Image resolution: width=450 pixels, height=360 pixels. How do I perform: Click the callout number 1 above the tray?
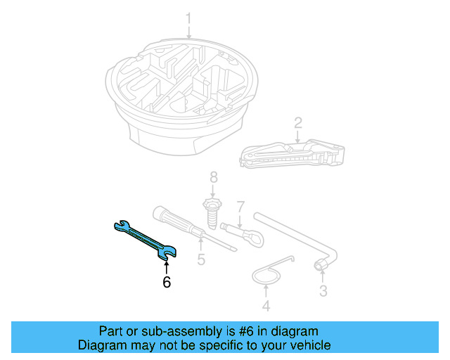[x=188, y=18]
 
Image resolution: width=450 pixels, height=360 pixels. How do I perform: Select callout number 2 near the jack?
[x=298, y=123]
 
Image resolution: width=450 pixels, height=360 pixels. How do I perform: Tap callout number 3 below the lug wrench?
[x=323, y=290]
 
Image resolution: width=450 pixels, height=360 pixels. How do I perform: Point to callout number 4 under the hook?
[x=266, y=306]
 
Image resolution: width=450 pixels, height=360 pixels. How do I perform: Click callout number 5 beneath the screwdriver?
[x=201, y=260]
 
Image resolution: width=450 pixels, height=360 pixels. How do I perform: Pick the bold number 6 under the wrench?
[x=167, y=283]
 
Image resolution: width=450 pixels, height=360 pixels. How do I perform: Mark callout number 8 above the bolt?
[x=214, y=176]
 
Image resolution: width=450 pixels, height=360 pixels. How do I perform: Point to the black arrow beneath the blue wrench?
[x=166, y=266]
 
